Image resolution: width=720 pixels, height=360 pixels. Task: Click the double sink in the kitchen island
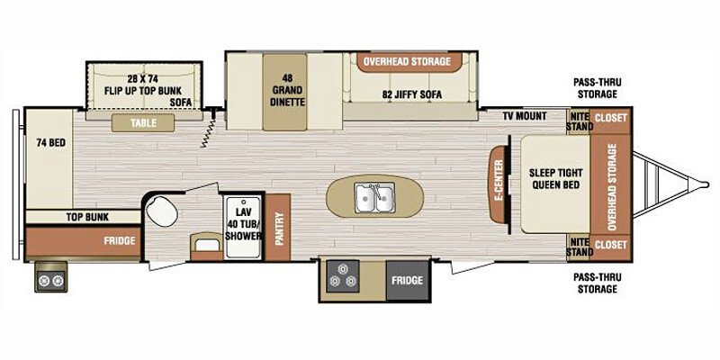point(375,198)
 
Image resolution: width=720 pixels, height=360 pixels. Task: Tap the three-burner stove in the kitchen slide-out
point(342,275)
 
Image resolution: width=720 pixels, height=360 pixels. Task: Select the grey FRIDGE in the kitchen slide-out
point(408,280)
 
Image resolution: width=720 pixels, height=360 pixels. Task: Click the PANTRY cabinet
point(278,228)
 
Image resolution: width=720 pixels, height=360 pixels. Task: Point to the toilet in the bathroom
point(162,211)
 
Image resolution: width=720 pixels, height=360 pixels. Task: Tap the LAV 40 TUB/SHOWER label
point(242,224)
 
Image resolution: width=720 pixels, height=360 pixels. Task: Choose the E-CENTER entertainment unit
point(499,184)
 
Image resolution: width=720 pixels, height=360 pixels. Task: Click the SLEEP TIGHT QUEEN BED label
point(555,179)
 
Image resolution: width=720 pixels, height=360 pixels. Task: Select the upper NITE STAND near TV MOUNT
point(579,121)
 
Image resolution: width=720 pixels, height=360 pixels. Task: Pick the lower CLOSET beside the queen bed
point(611,245)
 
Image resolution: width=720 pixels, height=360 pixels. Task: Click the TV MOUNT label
point(524,116)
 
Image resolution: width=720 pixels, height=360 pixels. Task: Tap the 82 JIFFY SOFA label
point(412,94)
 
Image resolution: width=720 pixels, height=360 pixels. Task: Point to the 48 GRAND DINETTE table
point(284,92)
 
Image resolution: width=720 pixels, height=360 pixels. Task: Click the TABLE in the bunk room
point(143,123)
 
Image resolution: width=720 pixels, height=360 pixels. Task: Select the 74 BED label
point(50,143)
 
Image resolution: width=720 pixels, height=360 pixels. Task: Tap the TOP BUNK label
point(87,217)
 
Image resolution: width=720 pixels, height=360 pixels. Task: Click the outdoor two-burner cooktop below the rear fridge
point(51,277)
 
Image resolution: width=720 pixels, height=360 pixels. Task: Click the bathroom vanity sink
point(207,244)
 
